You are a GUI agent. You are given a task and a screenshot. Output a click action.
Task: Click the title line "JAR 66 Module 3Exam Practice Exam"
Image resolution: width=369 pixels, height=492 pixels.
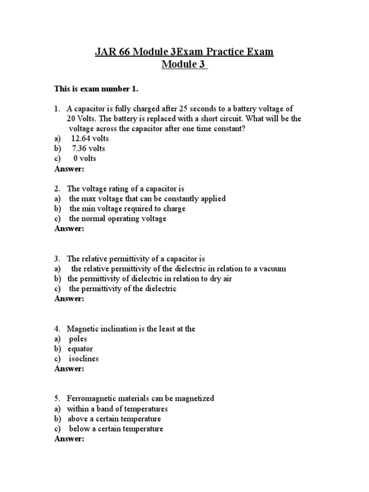[x=184, y=52]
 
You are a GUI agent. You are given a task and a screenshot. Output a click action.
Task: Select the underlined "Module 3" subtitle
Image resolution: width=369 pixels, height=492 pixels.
[x=184, y=65]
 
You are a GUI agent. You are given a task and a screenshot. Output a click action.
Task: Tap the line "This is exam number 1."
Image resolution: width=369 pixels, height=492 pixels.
[x=95, y=89]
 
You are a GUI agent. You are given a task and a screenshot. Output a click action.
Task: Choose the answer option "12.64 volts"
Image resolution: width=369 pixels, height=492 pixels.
[x=90, y=139]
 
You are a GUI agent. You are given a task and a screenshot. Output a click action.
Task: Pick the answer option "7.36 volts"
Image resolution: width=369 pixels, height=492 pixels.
[x=88, y=148]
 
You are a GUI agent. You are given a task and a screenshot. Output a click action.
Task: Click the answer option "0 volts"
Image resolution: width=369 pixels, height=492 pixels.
[x=85, y=159]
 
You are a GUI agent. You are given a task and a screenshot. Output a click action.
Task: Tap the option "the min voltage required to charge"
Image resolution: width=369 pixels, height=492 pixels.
[x=127, y=209]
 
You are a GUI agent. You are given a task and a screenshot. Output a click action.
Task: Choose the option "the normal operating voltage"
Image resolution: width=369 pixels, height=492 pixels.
[x=118, y=219]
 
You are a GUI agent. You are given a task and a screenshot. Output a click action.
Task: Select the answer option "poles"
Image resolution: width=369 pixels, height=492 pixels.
[x=78, y=339]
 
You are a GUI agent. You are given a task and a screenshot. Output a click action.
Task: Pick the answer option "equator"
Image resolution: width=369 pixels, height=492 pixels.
[x=80, y=349]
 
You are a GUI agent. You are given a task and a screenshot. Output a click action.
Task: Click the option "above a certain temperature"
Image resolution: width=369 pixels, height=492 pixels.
[x=114, y=419]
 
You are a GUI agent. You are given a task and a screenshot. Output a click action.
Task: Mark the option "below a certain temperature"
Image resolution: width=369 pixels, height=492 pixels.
[x=116, y=429]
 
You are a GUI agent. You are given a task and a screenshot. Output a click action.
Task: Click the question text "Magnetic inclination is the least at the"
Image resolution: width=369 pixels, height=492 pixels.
[x=131, y=329]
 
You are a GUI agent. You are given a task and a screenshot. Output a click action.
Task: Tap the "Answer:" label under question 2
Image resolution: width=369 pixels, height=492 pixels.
[x=69, y=229]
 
